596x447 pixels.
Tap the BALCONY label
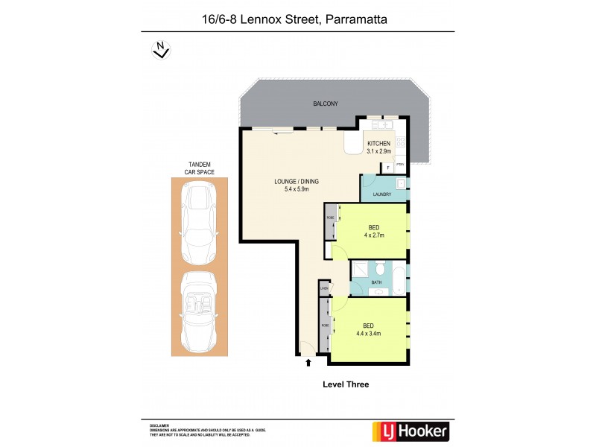pyautogui.click(x=326, y=104)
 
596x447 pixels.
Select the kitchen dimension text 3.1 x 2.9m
pyautogui.click(x=378, y=151)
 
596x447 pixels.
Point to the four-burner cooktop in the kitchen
pyautogui.click(x=401, y=141)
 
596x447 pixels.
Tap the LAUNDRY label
pyautogui.click(x=382, y=194)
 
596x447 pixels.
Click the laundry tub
pyautogui.click(x=400, y=183)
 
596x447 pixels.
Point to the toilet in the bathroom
pyautogui.click(x=379, y=267)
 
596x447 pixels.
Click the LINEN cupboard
pyautogui.click(x=324, y=288)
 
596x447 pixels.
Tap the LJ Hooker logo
pyautogui.click(x=409, y=431)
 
